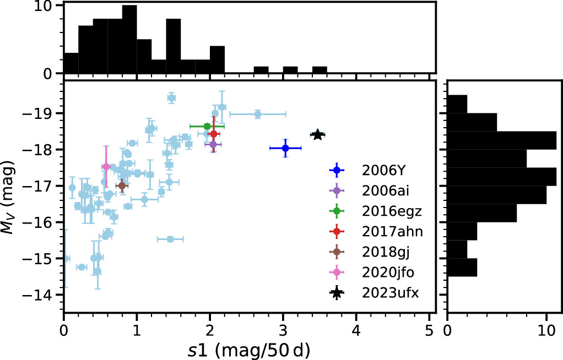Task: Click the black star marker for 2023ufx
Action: pyautogui.click(x=317, y=134)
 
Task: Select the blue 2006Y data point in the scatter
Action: pyautogui.click(x=285, y=148)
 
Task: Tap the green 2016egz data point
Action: pyautogui.click(x=207, y=126)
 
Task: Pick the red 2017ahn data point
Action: pyautogui.click(x=213, y=134)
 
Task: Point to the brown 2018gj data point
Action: pyautogui.click(x=122, y=186)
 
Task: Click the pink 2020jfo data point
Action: pyautogui.click(x=106, y=167)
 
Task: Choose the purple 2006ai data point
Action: pyautogui.click(x=213, y=144)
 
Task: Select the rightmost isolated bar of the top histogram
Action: pyautogui.click(x=320, y=70)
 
